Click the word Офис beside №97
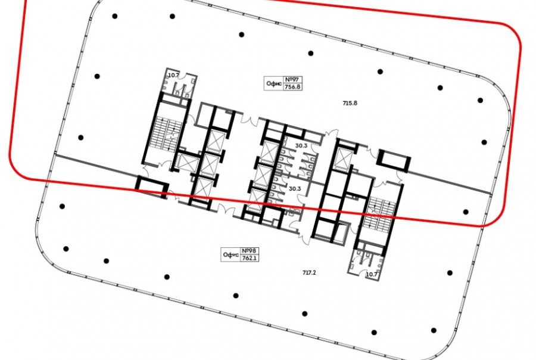pyautogui.click(x=274, y=84)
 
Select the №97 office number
pyautogui.click(x=292, y=80)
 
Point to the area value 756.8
pyautogui.click(x=292, y=87)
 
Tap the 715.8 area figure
pyautogui.click(x=350, y=103)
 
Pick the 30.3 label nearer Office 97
pyautogui.click(x=301, y=145)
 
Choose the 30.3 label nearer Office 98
pyautogui.click(x=295, y=188)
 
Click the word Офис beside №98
pyautogui.click(x=231, y=255)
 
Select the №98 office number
pyautogui.click(x=249, y=251)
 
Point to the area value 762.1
pyautogui.click(x=249, y=258)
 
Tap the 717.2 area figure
pyautogui.click(x=309, y=273)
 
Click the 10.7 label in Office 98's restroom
pyautogui.click(x=371, y=274)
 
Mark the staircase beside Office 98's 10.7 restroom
pyautogui.click(x=379, y=214)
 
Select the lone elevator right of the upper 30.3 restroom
pyautogui.click(x=342, y=160)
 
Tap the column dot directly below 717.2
pyautogui.click(x=304, y=314)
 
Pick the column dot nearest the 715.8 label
pyautogui.click(x=380, y=72)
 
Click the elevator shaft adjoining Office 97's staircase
pyautogui.click(x=185, y=162)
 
